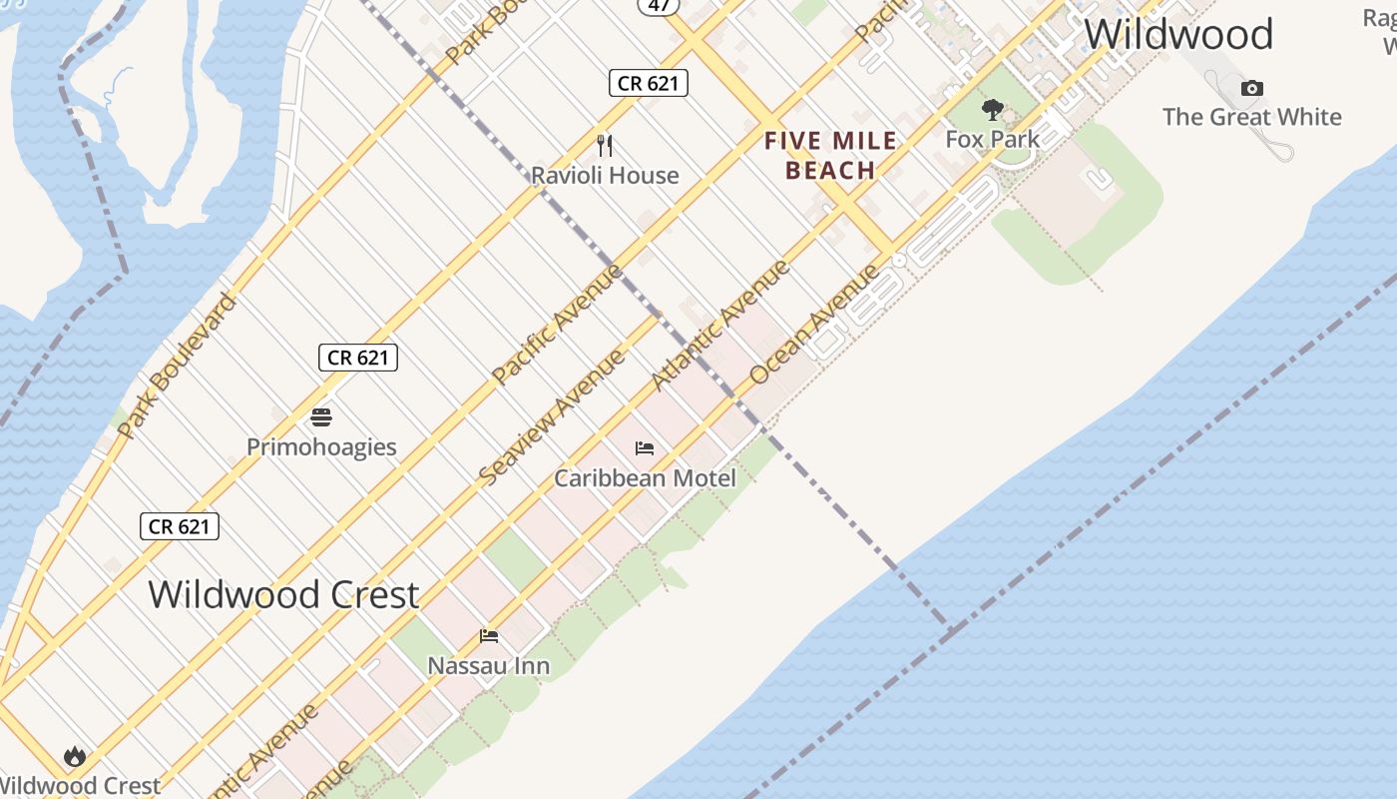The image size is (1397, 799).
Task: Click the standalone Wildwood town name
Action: coord(1178,34)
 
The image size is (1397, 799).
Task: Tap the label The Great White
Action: coord(1251,117)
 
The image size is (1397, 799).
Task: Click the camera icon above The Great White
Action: coord(1251,89)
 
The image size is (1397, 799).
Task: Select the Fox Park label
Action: coord(992,139)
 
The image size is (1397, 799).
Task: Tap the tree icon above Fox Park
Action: coord(992,110)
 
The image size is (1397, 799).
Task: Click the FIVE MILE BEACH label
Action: coord(830,156)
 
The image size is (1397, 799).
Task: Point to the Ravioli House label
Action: coord(605,176)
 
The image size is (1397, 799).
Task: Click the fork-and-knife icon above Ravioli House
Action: coord(605,146)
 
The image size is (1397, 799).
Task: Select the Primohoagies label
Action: coord(321,446)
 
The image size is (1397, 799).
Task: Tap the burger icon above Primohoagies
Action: coord(321,417)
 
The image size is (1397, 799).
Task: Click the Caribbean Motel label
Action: coord(645,478)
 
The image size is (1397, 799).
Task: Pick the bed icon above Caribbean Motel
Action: coord(645,448)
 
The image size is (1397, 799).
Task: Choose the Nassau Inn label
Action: coord(488,665)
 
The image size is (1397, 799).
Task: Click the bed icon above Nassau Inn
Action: coord(489,635)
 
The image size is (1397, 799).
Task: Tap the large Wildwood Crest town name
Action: coord(283,595)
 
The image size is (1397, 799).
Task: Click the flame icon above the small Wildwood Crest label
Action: coord(75,757)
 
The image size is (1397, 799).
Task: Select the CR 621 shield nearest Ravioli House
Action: coord(649,83)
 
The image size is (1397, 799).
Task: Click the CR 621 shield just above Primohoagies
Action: coord(358,358)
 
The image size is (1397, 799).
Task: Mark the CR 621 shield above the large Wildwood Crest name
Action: coord(180,526)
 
